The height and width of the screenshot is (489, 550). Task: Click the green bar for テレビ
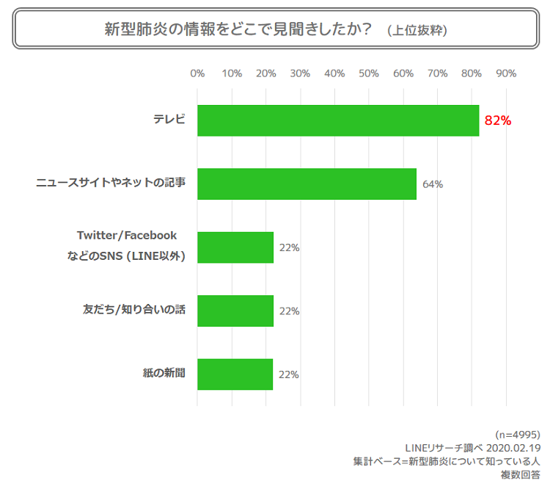coord(337,120)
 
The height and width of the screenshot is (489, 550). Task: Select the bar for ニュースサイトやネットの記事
coord(307,184)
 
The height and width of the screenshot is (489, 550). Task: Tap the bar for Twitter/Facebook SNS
coord(235,247)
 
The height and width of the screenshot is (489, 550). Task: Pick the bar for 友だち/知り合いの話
coord(235,311)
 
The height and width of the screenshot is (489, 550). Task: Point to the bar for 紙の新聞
coord(235,374)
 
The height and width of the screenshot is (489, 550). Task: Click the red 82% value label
coord(497,120)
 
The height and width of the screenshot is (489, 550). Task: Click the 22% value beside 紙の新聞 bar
coord(289,374)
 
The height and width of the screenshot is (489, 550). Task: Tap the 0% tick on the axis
coord(197,73)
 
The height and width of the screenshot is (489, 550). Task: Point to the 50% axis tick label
coord(369,73)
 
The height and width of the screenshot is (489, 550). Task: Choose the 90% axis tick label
coord(506,73)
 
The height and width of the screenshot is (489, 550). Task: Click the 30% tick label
coord(300,73)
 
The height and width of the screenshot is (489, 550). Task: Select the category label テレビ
coord(169,120)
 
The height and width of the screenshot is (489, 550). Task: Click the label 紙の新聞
coord(164,374)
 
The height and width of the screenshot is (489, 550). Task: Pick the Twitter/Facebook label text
coord(127,236)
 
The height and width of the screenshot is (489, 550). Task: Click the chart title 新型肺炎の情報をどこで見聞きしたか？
coord(238,29)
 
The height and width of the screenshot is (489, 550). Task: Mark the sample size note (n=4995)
coord(518,434)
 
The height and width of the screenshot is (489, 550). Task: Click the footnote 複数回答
coord(521,474)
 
